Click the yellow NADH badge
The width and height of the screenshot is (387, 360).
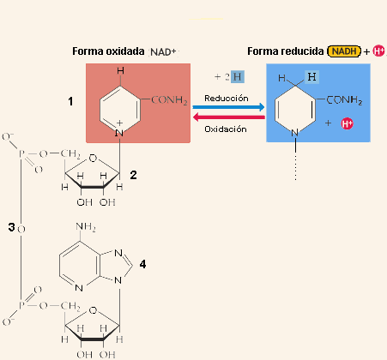[x=344, y=51]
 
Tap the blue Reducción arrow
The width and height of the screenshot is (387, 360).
[x=228, y=107]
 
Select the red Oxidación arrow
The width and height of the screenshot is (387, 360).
[x=229, y=117]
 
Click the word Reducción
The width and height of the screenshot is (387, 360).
[x=227, y=99]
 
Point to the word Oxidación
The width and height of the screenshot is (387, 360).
[x=226, y=129]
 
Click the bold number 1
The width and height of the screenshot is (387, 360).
[x=70, y=101]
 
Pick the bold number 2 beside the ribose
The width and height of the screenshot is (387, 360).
[x=133, y=175]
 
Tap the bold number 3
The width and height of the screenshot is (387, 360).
[x=11, y=227]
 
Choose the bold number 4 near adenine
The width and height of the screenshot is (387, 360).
[x=142, y=264]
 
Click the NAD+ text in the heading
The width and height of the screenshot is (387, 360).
[x=163, y=52]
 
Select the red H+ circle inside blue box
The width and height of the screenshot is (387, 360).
[x=348, y=123]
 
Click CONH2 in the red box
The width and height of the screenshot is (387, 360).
[x=169, y=100]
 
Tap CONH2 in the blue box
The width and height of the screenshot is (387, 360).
[x=344, y=100]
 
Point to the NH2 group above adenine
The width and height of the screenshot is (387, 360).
[x=86, y=227]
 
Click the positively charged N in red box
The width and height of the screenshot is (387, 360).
[x=119, y=133]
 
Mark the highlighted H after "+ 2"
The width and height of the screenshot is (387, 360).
[x=238, y=77]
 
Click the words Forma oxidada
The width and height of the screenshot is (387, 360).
[x=108, y=51]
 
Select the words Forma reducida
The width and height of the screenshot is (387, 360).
[x=286, y=51]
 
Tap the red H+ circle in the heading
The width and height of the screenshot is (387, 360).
[x=379, y=51]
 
